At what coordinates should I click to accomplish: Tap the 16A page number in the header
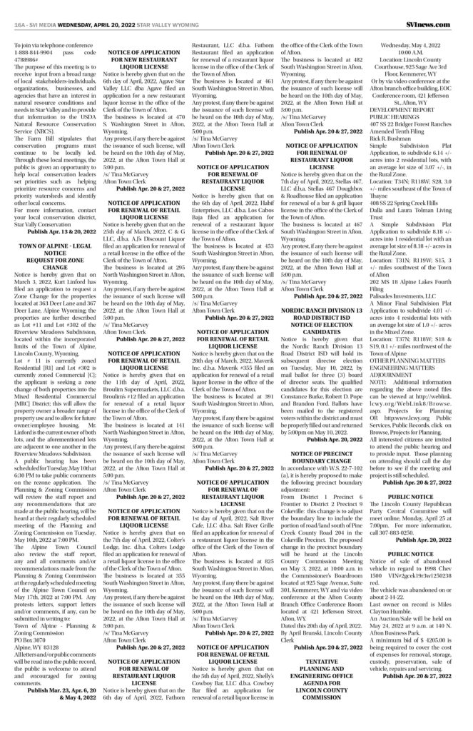pyautogui.click(x=19, y=6)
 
